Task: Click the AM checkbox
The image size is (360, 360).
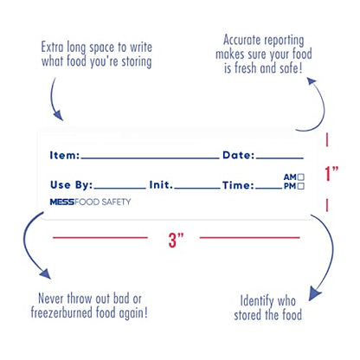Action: [301, 177]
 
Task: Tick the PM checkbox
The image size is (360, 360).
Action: [301, 186]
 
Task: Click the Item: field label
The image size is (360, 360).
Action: [65, 155]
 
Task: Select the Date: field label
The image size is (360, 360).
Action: [239, 155]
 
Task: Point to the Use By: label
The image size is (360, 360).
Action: [72, 185]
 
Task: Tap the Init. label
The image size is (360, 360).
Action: [161, 185]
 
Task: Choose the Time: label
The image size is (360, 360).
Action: [238, 185]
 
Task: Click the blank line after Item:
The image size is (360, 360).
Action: [150, 158]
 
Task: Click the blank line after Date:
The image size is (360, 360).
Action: [280, 158]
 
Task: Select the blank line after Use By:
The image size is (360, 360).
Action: [120, 188]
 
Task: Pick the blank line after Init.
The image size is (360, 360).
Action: [197, 188]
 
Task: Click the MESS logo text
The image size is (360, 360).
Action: [62, 202]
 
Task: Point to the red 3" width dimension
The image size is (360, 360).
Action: [176, 240]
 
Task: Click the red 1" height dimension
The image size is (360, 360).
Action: [331, 173]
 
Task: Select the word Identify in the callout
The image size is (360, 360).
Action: [257, 301]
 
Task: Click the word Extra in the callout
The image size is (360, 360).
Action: [52, 47]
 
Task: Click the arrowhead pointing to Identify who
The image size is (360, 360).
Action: [314, 293]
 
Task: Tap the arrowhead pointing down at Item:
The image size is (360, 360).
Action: [59, 115]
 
